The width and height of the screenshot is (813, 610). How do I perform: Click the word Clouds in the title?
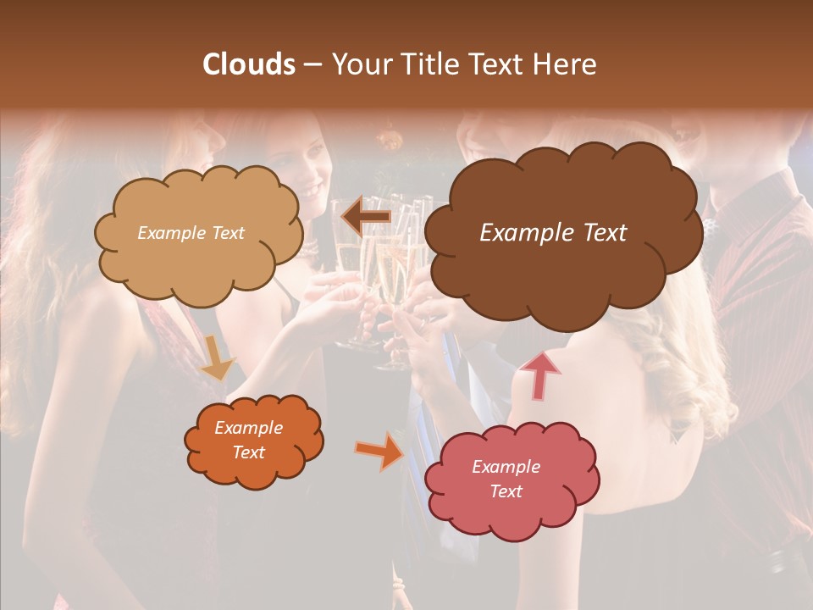pyautogui.click(x=250, y=64)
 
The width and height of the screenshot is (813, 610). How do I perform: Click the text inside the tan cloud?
pyautogui.click(x=191, y=233)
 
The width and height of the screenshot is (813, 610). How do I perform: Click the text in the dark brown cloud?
pyautogui.click(x=553, y=233)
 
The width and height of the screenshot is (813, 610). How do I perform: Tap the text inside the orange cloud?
pyautogui.click(x=248, y=441)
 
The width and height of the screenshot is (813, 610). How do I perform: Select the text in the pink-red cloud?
pyautogui.click(x=506, y=480)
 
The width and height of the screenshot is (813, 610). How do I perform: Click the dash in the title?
pyautogui.click(x=312, y=64)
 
